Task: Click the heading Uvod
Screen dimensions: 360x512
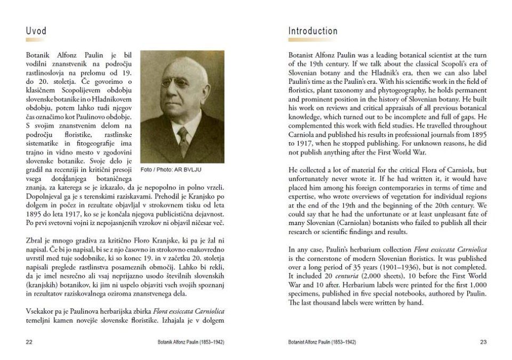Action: tap(36, 31)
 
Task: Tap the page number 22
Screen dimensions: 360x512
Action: tap(29, 341)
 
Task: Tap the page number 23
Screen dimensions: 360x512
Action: tap(483, 341)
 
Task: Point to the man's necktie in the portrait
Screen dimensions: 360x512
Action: tap(183, 140)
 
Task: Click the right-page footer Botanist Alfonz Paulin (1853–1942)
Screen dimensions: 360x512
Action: tap(322, 341)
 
